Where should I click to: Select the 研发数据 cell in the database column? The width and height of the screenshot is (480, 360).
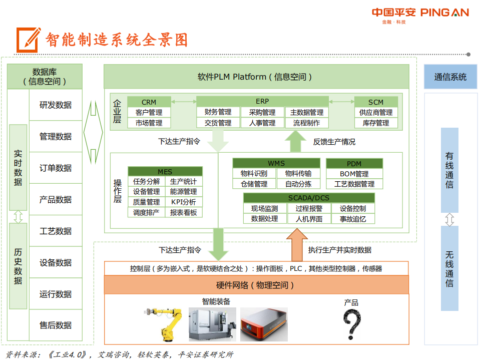(x=56, y=105)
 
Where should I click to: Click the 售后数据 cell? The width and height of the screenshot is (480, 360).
(x=56, y=325)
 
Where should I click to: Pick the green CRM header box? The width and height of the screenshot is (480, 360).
(x=149, y=102)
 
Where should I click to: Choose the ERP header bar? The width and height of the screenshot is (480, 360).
(x=262, y=101)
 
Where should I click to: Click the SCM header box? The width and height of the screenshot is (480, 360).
(x=376, y=102)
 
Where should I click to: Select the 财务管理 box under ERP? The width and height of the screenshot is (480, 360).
(x=218, y=112)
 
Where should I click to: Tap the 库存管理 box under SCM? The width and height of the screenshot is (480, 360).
(x=376, y=123)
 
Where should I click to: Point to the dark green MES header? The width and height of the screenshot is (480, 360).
(x=165, y=171)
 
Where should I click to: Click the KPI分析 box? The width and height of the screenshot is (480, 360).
(x=183, y=202)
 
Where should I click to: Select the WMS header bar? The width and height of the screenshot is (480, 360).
(x=276, y=163)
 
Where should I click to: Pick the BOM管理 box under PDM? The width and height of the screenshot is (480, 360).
(x=354, y=174)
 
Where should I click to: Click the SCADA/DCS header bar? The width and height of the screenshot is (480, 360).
(x=309, y=198)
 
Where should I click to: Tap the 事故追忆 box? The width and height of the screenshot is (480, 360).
(x=353, y=219)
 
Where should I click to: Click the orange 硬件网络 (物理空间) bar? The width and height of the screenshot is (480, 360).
(x=256, y=285)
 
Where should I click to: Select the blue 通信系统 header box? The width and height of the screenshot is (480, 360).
(x=450, y=77)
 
